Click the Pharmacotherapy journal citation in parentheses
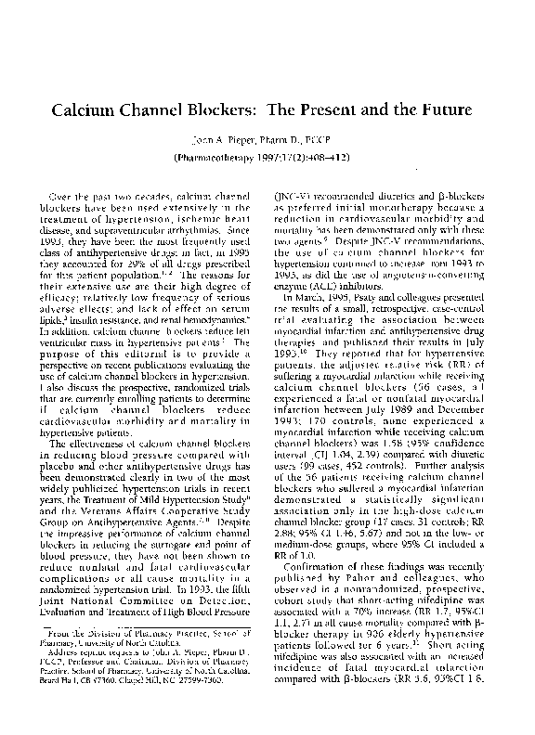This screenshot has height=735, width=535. tap(267, 159)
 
